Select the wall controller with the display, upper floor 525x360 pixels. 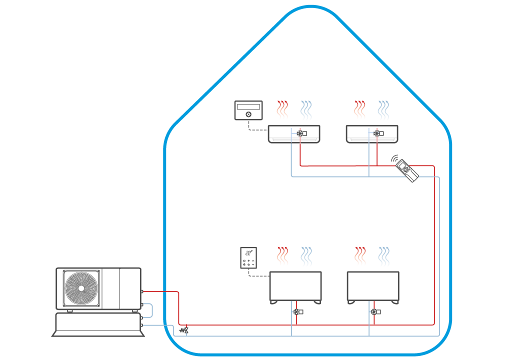point(248,110)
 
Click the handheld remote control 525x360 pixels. point(407,170)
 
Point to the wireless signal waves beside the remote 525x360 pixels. point(395,158)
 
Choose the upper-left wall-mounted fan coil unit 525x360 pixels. point(293,134)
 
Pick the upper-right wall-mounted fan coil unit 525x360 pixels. point(372,134)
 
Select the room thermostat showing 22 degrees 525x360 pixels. point(249,258)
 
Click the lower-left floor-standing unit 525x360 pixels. point(295,286)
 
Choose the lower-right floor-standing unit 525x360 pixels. point(373,286)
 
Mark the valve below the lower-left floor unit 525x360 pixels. point(298,312)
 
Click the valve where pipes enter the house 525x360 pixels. point(184,330)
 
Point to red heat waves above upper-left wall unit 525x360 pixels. point(282,110)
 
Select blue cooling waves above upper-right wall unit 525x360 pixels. point(383,110)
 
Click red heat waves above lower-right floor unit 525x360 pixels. point(360,256)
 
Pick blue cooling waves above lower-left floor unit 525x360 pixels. point(306,256)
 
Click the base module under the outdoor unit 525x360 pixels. point(97,324)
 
